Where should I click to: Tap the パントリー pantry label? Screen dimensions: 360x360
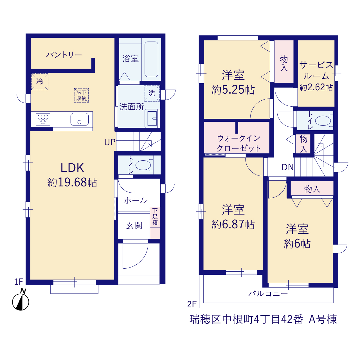pos(64,55)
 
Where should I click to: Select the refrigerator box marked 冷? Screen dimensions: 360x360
pos(40,82)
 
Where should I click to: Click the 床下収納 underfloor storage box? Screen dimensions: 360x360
pos(81,95)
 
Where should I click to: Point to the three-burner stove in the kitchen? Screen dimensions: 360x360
pos(43,119)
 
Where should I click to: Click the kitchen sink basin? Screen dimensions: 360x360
pos(79,119)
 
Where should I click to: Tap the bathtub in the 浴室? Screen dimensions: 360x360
pos(151,59)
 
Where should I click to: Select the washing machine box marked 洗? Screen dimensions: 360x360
pos(152,93)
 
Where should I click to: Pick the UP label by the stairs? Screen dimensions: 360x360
pos(110,142)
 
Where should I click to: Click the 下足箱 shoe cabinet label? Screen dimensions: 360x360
pos(155,217)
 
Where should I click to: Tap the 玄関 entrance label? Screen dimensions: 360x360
pos(134,226)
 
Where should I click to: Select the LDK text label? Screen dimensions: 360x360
pos(72,168)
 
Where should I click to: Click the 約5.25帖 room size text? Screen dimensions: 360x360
pos(233,90)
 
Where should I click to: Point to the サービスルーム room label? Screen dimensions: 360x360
pos(316,70)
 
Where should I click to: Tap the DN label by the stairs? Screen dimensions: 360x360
pos(287,167)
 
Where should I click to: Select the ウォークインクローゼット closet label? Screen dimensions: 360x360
pos(238,143)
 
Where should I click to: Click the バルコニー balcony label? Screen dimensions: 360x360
pos(268,294)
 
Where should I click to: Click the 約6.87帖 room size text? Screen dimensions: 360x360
pos(233,224)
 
